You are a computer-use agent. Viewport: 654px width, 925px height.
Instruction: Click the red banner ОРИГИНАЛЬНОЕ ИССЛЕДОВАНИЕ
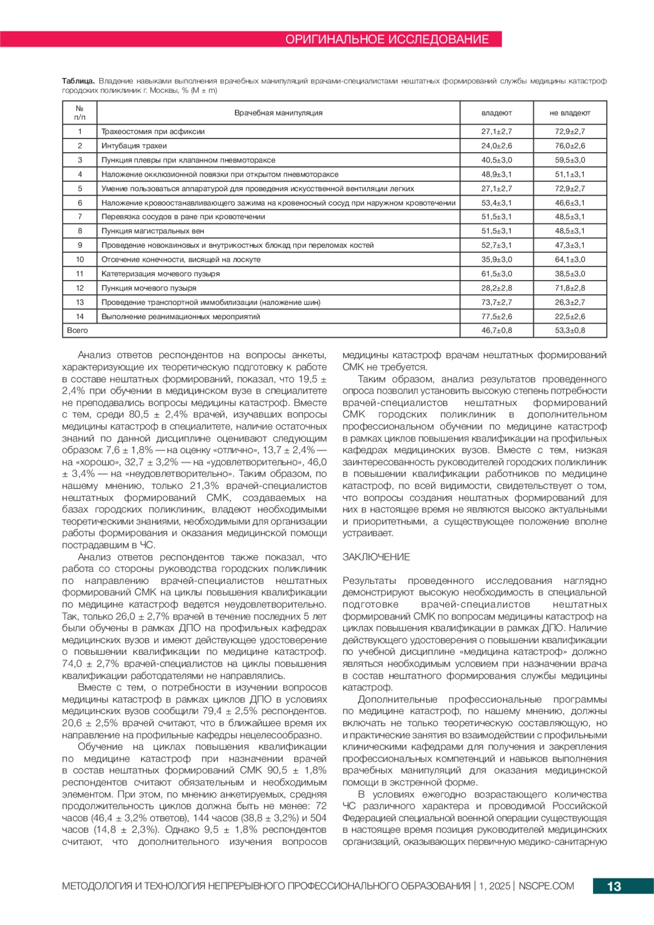(x=387, y=39)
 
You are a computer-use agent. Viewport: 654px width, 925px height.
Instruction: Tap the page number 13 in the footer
(x=614, y=886)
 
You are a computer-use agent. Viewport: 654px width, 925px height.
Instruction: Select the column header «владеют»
(x=496, y=113)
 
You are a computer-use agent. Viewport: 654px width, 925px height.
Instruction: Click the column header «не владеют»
(x=570, y=113)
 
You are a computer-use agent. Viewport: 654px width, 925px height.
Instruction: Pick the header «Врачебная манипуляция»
(x=278, y=113)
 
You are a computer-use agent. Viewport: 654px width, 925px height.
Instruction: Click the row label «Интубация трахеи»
(x=134, y=146)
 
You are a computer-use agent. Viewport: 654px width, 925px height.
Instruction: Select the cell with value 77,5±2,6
(x=496, y=316)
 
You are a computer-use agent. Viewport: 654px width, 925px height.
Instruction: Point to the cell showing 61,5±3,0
(x=496, y=274)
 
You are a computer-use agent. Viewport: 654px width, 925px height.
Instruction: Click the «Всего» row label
(x=77, y=330)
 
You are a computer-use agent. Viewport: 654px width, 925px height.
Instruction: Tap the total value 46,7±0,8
(x=496, y=330)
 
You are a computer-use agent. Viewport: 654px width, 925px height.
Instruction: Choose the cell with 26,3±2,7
(x=570, y=302)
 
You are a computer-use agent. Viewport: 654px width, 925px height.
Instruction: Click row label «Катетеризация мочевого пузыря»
(x=161, y=274)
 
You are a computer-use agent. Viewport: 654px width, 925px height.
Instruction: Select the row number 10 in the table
(x=80, y=259)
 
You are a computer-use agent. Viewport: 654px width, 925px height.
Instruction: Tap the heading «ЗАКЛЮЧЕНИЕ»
(x=376, y=557)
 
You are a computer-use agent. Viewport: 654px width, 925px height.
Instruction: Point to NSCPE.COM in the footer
(x=546, y=886)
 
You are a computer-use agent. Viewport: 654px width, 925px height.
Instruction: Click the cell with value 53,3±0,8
(x=570, y=330)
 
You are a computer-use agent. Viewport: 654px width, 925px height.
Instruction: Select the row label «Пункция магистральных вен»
(x=153, y=231)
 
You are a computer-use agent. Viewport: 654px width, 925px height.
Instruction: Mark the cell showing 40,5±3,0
(x=496, y=160)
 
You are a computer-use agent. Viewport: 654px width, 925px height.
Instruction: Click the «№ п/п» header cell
(x=80, y=113)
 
